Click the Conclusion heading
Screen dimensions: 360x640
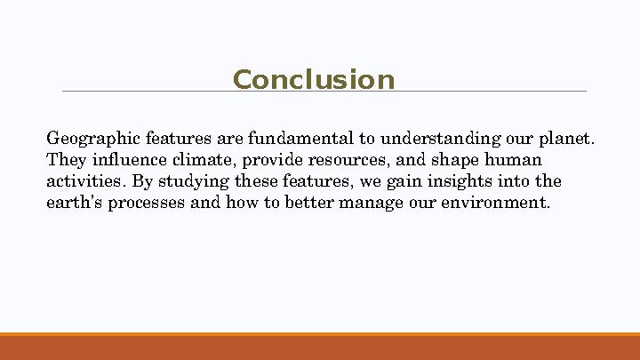click(313, 80)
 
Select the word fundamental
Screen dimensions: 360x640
click(301, 139)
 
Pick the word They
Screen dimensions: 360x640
click(63, 160)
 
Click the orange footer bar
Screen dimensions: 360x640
click(320, 348)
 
